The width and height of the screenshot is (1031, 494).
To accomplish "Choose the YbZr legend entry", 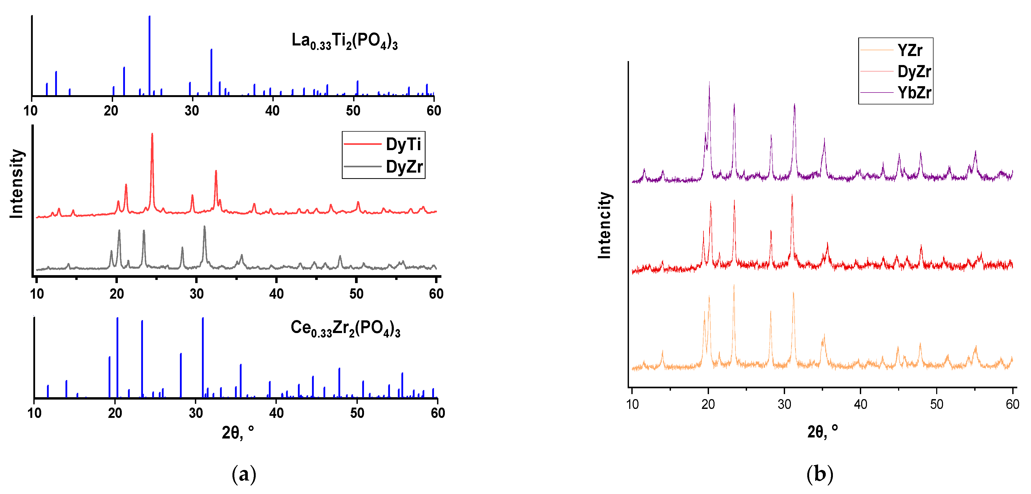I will pos(914,93).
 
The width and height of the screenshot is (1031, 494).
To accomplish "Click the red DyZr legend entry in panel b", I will pos(914,72).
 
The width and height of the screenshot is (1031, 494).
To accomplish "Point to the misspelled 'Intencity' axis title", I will pos(605,225).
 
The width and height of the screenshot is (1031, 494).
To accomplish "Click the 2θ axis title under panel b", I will pos(823,432).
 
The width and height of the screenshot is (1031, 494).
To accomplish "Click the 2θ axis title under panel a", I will pos(238,433).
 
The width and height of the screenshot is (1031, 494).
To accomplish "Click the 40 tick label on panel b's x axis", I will pos(861,404).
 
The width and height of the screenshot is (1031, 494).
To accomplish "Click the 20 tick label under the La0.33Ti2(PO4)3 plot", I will pos(111,110).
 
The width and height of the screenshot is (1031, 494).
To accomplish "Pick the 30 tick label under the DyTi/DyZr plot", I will pos(197,294).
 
